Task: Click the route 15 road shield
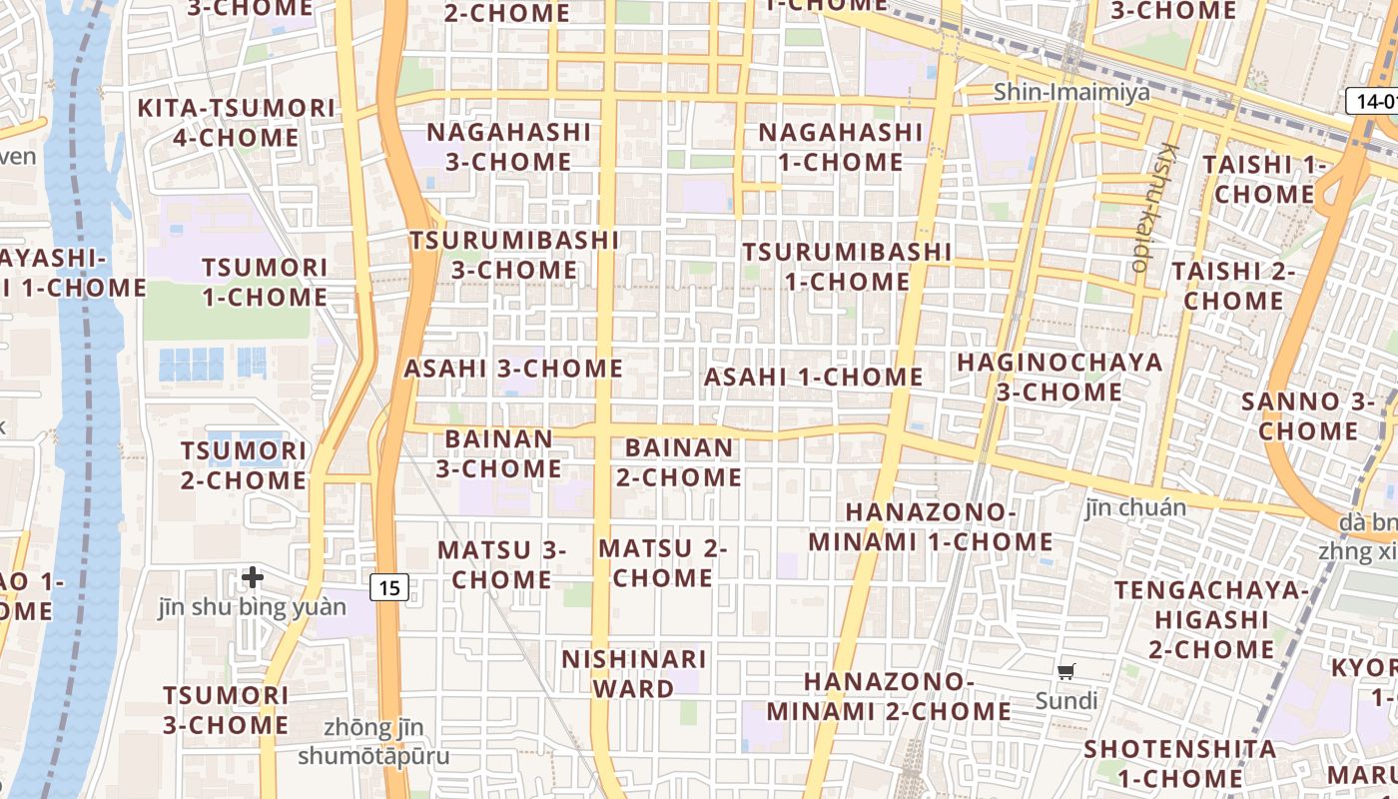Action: (389, 587)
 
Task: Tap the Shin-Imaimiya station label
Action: (1071, 93)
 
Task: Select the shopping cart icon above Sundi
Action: (1066, 672)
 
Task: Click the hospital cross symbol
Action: (253, 576)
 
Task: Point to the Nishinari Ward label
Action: (634, 673)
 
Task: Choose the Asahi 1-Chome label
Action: (814, 377)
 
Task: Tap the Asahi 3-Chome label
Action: (513, 369)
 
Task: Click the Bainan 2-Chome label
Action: (679, 462)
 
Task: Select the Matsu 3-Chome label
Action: (501, 564)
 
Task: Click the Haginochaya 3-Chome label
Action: (1059, 377)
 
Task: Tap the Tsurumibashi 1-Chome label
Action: (847, 267)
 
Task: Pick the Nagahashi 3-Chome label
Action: (509, 147)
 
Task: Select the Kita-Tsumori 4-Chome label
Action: (236, 122)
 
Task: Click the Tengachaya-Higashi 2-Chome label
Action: (1211, 619)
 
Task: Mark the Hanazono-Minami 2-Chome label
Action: (889, 696)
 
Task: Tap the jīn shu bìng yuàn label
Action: (253, 607)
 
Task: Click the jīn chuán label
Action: (1135, 508)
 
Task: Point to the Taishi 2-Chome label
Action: (1233, 286)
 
